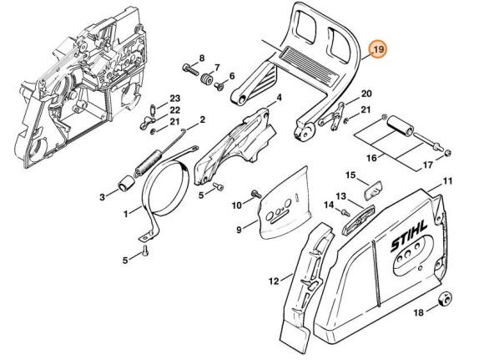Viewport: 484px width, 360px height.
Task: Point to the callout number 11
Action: tap(447, 181)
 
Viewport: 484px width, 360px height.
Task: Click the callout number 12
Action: tap(274, 281)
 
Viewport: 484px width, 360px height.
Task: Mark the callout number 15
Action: tap(351, 175)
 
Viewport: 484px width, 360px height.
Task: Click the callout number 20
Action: tap(366, 94)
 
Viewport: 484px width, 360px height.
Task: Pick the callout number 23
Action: tap(175, 99)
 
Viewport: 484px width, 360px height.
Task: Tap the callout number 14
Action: tap(329, 216)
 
